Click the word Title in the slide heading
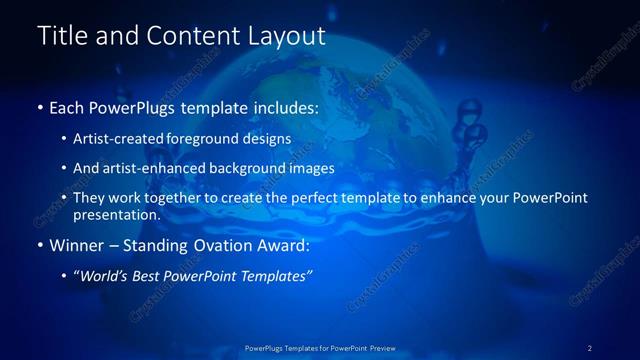coord(61,37)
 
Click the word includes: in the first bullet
coord(281,107)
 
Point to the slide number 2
coord(589,348)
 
